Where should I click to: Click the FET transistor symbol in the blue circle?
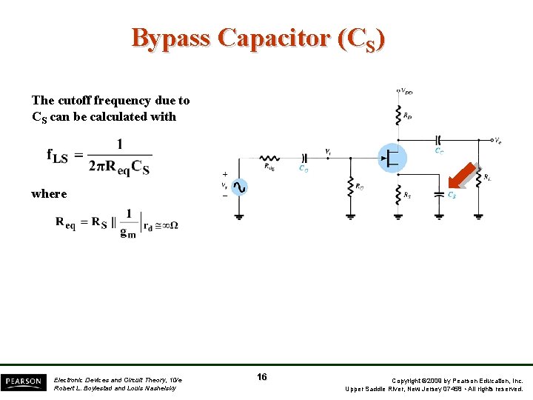(x=392, y=156)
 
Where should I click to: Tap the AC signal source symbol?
(x=239, y=187)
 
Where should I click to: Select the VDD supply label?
(x=406, y=91)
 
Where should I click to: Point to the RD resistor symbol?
(x=398, y=114)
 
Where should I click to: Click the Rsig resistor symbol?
(x=269, y=157)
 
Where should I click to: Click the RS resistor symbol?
(x=398, y=194)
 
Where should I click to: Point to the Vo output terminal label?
(x=498, y=139)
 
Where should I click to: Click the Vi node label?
(x=328, y=151)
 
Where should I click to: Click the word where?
(x=49, y=193)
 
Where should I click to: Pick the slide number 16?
(x=262, y=377)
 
